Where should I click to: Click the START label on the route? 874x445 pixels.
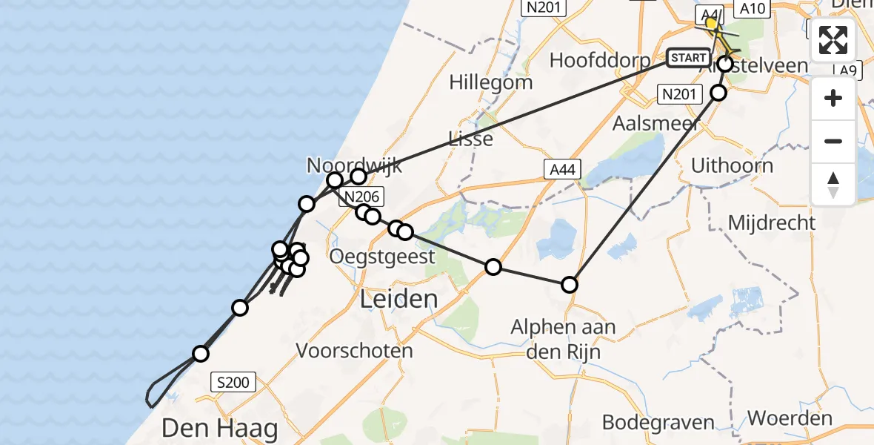688,57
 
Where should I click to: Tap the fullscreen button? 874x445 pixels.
833,40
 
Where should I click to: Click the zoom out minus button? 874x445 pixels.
833,141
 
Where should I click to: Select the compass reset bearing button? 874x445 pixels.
833,184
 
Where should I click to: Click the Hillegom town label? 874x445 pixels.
490,82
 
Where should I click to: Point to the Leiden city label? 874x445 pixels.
398,300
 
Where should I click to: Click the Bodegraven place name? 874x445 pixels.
658,422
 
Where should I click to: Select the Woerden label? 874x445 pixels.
790,418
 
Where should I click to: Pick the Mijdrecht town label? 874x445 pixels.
771,222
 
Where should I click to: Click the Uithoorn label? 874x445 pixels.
732,165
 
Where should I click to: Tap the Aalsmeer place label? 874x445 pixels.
656,123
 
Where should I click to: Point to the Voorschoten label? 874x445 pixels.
354,350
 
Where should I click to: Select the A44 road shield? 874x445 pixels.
559,171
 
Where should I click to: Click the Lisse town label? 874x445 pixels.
470,139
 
